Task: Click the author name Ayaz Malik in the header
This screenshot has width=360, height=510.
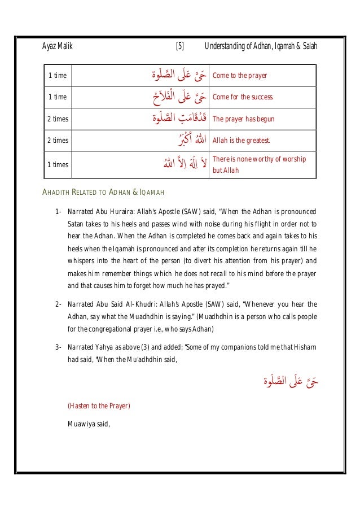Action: click(58, 46)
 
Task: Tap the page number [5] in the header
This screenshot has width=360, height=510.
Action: click(179, 46)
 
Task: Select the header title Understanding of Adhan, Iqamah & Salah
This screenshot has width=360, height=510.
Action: click(261, 46)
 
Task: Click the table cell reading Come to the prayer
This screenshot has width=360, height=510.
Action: click(239, 75)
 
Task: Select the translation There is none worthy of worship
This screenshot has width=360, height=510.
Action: click(258, 159)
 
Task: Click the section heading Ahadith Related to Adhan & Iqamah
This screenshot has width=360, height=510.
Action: click(104, 193)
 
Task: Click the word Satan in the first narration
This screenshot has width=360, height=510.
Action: click(77, 224)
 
